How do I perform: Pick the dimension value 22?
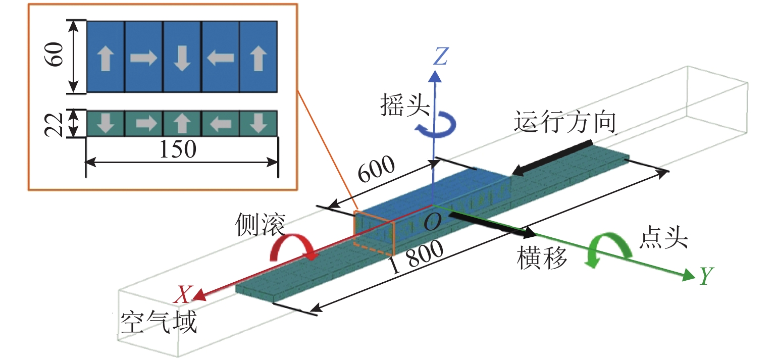[55, 124]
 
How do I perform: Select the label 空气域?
[159, 322]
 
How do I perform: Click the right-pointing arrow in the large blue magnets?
[143, 58]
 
